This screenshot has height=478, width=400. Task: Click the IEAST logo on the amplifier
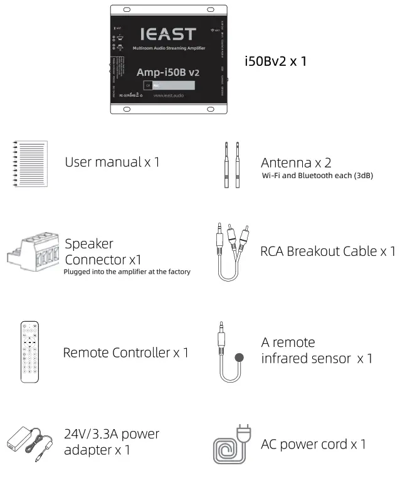[167, 34]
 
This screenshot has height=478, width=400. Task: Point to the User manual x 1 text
[112, 162]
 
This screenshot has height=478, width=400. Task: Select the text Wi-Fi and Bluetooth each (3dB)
[317, 176]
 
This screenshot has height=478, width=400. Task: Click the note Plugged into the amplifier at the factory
[127, 272]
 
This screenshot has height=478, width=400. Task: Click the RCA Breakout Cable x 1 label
[328, 252]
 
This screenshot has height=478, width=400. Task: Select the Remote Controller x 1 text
[125, 353]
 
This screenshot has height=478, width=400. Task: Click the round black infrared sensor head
[238, 358]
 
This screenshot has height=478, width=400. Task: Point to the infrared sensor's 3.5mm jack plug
[221, 339]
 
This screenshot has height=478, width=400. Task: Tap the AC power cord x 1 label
[313, 444]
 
